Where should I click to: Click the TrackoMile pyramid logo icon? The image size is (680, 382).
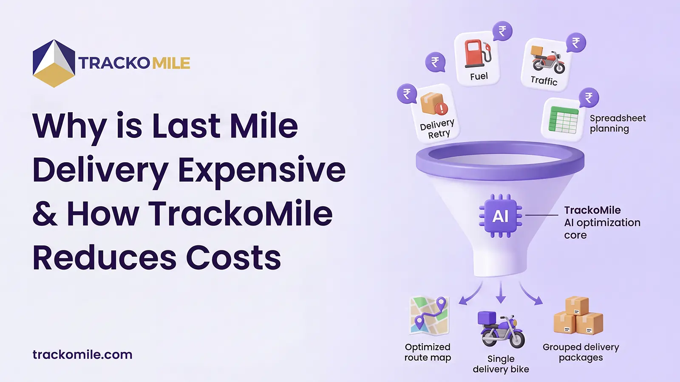(54, 64)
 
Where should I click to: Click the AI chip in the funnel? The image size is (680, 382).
(501, 216)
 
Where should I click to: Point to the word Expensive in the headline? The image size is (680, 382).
(261, 170)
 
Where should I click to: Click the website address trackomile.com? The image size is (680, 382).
(82, 354)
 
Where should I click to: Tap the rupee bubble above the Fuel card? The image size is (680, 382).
(502, 31)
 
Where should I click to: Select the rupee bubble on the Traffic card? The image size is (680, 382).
(576, 43)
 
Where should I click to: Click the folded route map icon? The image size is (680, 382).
(429, 315)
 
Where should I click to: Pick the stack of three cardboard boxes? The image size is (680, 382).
(578, 316)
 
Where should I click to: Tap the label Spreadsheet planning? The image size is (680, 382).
(618, 124)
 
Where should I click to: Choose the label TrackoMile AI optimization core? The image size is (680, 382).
(602, 222)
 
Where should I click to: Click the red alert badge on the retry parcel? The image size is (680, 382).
(442, 109)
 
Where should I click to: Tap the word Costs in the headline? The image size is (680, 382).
(233, 258)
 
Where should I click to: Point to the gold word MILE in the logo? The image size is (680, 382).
(171, 63)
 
